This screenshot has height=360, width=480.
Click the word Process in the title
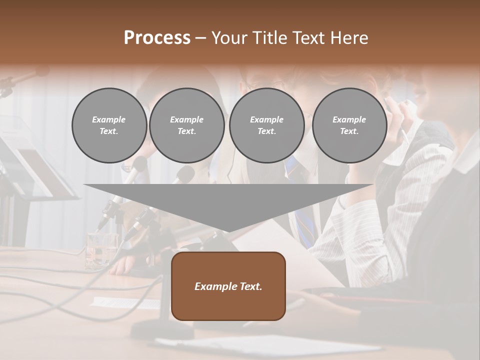click(157, 38)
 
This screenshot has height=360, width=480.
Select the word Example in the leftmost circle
click(109, 119)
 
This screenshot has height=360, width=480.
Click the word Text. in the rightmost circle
click(349, 131)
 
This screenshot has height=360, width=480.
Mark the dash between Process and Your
click(201, 38)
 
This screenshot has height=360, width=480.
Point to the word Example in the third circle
click(266, 119)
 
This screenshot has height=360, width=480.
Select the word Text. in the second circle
click(186, 131)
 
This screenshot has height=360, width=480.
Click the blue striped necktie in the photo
click(302, 220)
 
